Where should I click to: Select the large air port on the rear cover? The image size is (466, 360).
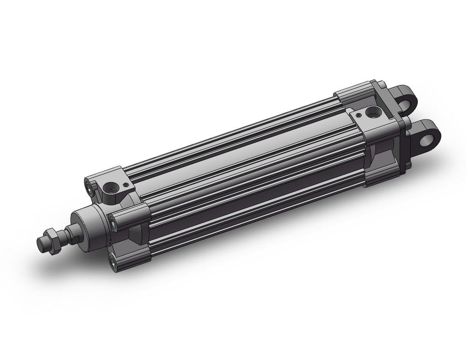point(372,112)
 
